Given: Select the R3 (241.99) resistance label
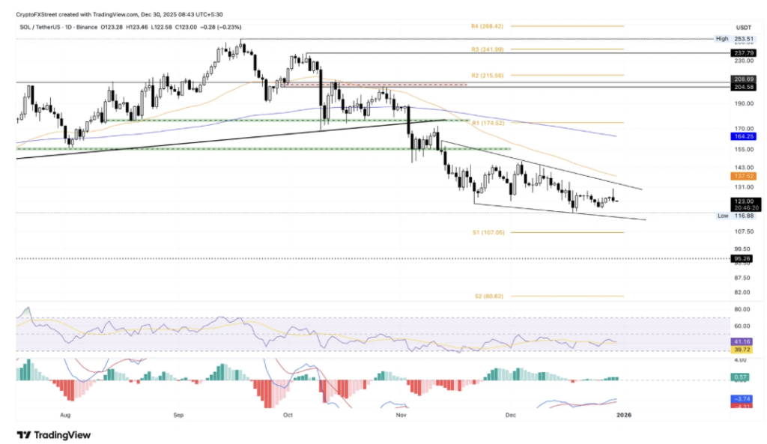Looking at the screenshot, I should pyautogui.click(x=487, y=49).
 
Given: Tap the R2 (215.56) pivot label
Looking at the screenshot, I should pyautogui.click(x=487, y=76).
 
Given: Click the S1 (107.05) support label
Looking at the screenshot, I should pyautogui.click(x=487, y=232).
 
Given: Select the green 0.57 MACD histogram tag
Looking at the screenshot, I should pyautogui.click(x=739, y=377).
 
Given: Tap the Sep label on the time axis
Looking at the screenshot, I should pyautogui.click(x=179, y=414).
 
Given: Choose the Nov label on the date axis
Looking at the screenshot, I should pyautogui.click(x=401, y=414).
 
